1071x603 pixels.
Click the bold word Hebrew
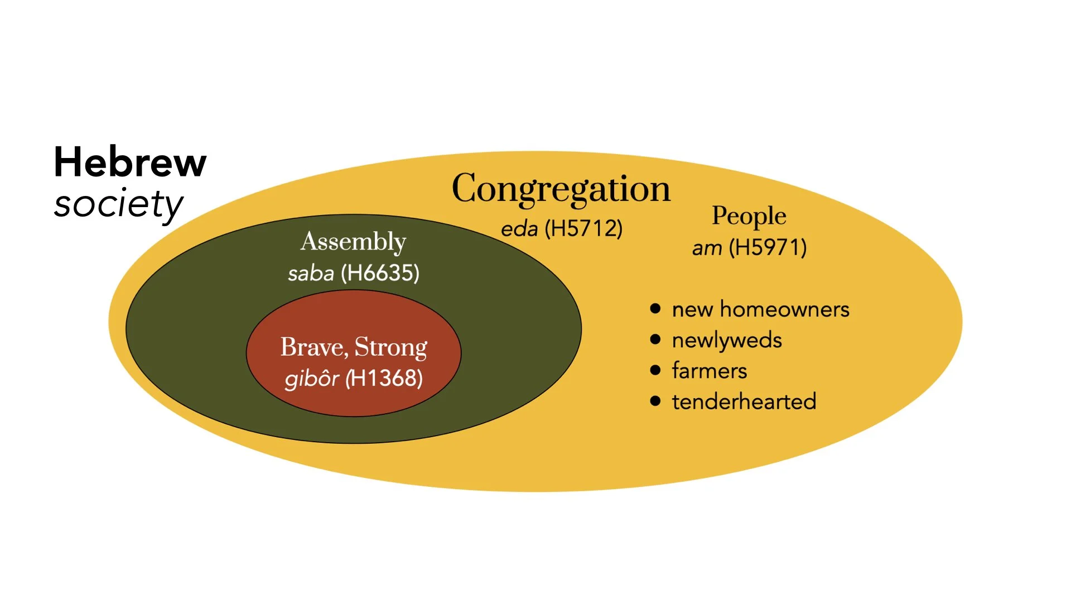click(130, 162)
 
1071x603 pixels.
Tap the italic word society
click(118, 204)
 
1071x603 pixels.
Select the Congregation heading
click(561, 189)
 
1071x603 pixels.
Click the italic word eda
click(519, 229)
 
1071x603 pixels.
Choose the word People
click(749, 216)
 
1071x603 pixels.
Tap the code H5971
click(768, 247)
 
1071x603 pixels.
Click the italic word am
click(707, 248)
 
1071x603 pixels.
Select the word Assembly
click(353, 242)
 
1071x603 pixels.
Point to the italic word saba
click(311, 274)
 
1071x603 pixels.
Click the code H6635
click(380, 273)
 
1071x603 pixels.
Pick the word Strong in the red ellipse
click(391, 347)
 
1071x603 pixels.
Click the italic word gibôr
click(311, 379)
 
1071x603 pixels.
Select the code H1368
click(384, 379)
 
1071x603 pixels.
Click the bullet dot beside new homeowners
click(655, 308)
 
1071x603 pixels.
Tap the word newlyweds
click(727, 340)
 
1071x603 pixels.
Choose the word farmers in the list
click(709, 371)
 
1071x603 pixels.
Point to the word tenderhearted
click(744, 401)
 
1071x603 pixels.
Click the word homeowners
click(784, 309)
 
